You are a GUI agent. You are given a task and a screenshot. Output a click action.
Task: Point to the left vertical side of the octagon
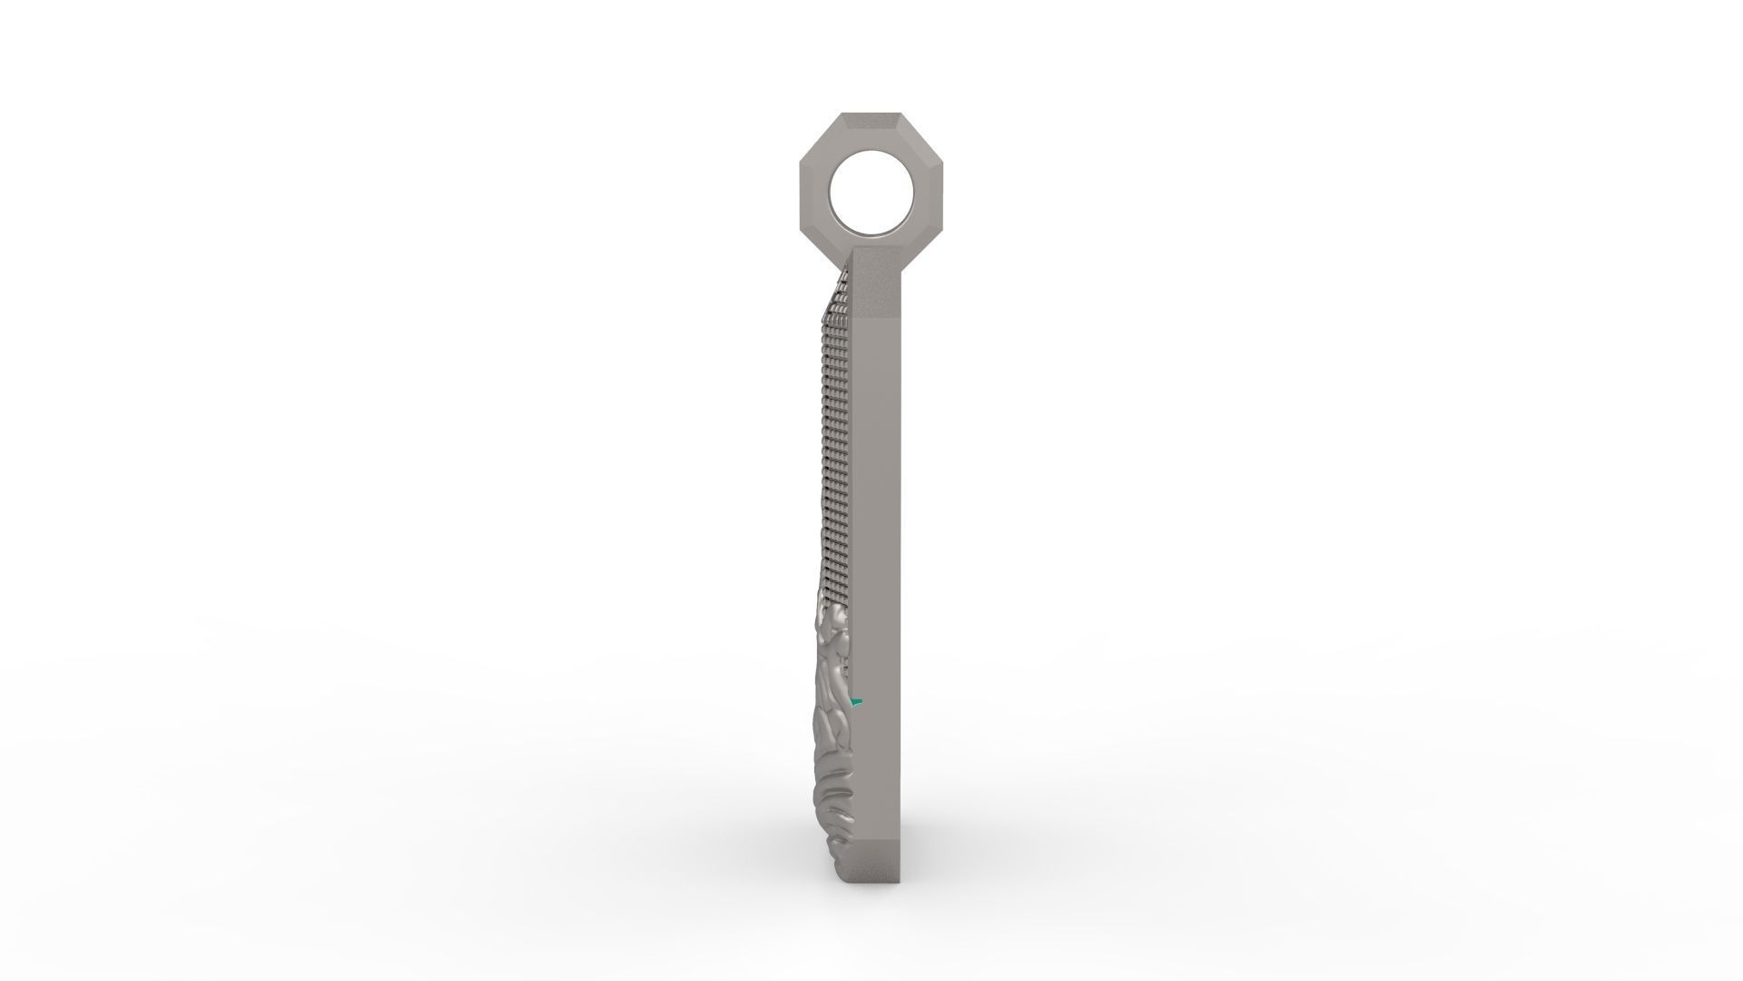(x=804, y=190)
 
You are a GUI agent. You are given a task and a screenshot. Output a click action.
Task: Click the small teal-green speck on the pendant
(x=855, y=701)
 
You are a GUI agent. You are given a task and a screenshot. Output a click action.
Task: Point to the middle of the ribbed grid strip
(x=834, y=454)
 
